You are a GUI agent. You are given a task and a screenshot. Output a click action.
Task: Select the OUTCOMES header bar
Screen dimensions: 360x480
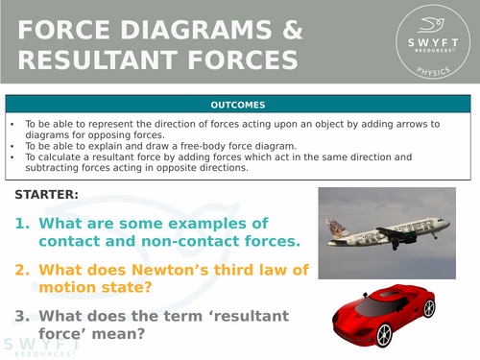coord(239,105)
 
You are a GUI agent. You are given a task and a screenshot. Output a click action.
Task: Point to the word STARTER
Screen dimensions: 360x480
coord(47,196)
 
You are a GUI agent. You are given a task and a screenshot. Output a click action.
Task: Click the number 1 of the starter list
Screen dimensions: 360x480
coord(22,223)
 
